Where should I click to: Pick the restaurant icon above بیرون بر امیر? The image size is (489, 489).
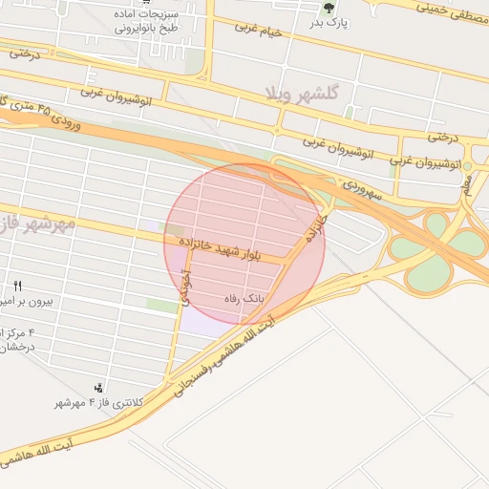17,286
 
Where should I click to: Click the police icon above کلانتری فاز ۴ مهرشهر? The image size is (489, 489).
98,388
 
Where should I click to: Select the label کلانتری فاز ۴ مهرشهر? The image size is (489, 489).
98,403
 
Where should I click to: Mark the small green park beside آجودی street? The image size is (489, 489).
161,305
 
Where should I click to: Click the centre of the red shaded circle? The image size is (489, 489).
244,244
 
